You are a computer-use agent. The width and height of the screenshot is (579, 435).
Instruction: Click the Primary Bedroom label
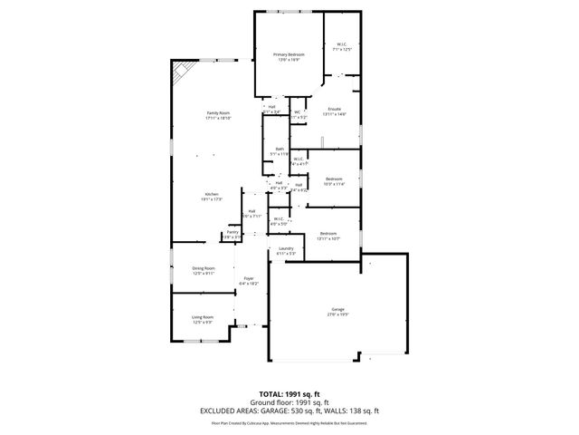click(289, 55)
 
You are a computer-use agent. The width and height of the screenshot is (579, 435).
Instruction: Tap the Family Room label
click(219, 113)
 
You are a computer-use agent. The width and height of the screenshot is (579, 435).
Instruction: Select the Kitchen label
click(211, 195)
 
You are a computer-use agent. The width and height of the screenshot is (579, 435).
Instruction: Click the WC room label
click(297, 112)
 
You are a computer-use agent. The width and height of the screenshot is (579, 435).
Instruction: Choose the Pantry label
click(233, 232)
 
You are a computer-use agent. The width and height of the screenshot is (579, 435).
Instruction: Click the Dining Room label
click(204, 268)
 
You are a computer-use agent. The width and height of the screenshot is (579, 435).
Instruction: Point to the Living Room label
click(202, 317)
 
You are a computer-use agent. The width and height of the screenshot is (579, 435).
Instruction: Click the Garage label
click(337, 310)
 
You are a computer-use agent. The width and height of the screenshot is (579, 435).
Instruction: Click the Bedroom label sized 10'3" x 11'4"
click(335, 179)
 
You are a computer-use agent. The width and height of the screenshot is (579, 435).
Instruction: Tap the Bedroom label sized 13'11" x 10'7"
click(329, 234)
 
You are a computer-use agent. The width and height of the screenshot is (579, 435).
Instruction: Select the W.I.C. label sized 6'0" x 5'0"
click(279, 218)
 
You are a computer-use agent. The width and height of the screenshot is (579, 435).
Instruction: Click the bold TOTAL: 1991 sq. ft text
click(289, 394)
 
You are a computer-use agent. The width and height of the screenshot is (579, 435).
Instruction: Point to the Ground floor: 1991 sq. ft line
click(289, 402)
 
